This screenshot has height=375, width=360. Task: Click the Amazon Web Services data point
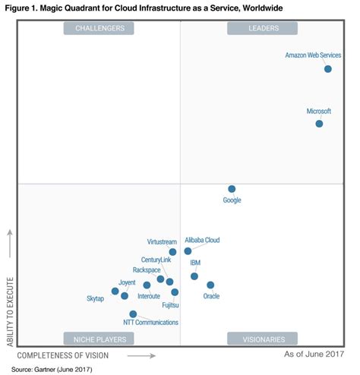[328, 69]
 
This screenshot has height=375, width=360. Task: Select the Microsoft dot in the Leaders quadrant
[319, 124]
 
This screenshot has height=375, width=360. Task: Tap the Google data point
[232, 189]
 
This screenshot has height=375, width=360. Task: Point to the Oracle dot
[210, 285]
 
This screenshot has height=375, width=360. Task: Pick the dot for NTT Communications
[133, 314]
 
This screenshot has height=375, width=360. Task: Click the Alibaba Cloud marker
[188, 251]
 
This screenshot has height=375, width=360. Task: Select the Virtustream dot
[172, 252]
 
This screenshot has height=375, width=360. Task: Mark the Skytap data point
[115, 291]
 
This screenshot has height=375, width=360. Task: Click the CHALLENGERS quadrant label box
[99, 28]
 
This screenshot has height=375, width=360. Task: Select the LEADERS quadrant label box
[263, 28]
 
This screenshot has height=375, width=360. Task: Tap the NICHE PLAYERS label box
[99, 339]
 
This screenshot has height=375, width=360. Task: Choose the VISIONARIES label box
[263, 339]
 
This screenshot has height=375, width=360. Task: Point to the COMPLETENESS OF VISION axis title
[63, 355]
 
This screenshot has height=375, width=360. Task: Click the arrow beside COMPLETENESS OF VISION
[136, 355]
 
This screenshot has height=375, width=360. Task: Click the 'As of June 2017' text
[314, 355]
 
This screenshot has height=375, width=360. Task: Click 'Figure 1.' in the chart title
[23, 7]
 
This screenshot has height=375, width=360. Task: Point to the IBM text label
[195, 263]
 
